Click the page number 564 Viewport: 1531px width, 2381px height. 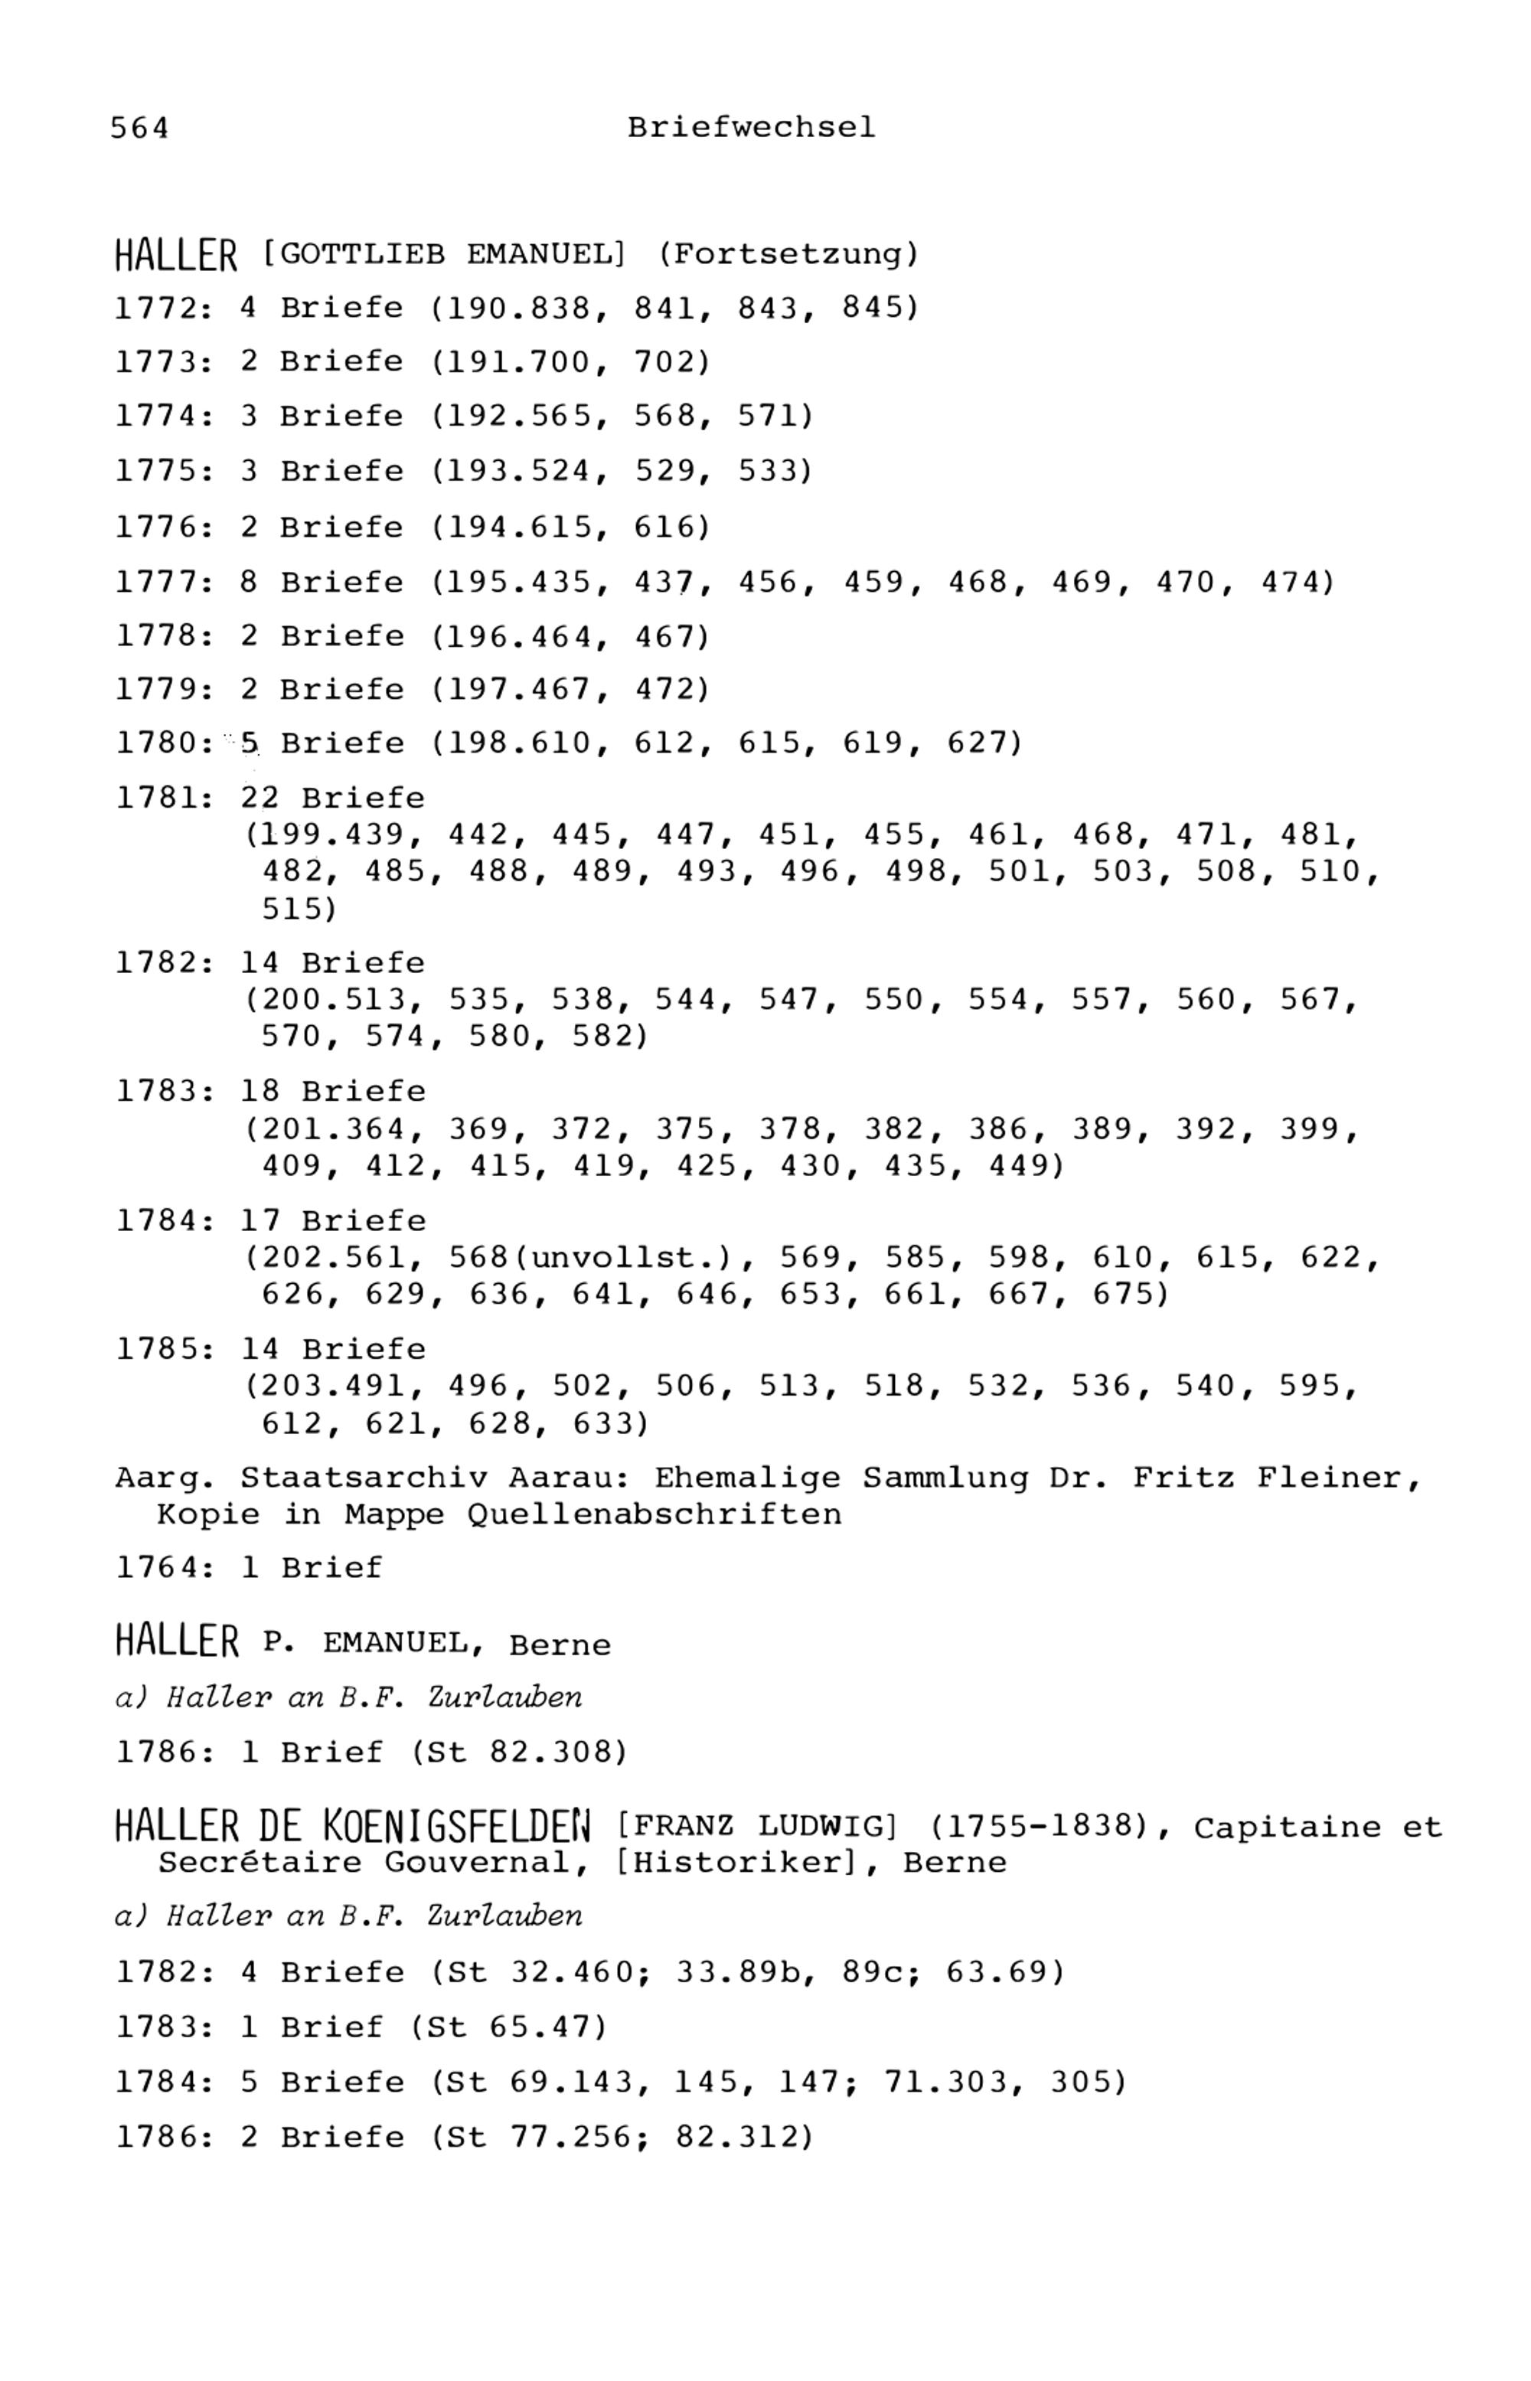click(x=139, y=129)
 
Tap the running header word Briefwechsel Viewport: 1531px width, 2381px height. click(x=751, y=129)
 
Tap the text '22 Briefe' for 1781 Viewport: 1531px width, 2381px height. click(x=332, y=799)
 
